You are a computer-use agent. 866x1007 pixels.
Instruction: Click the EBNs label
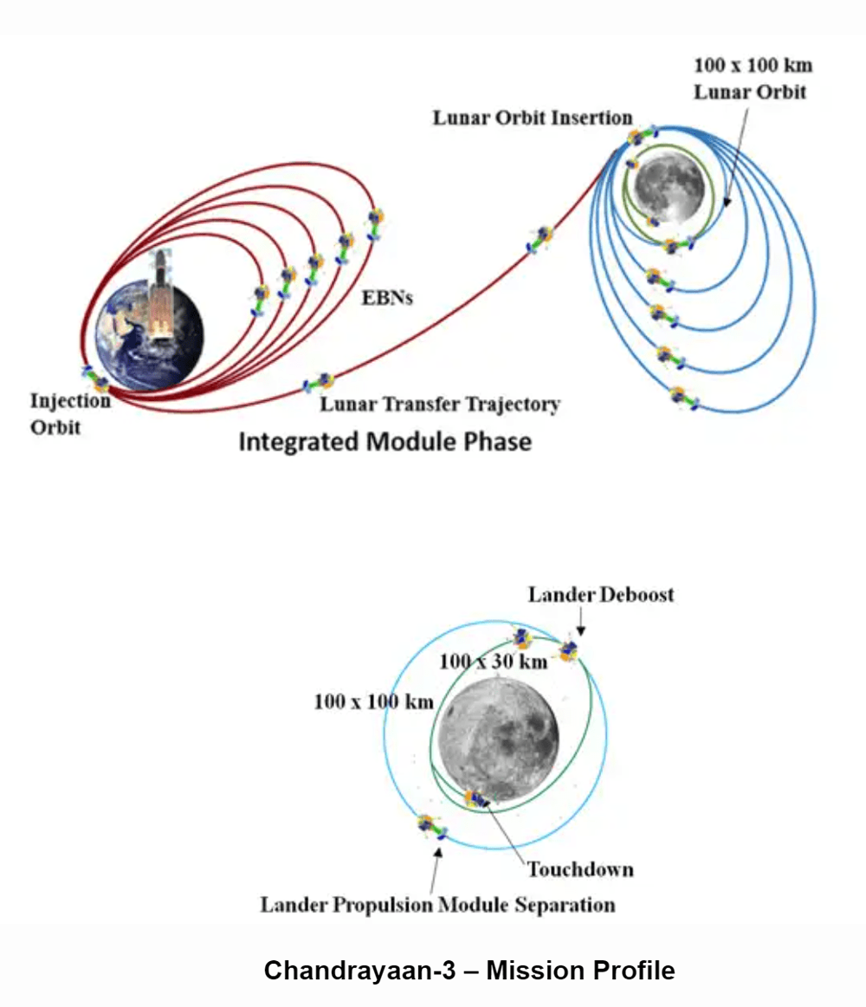(x=387, y=298)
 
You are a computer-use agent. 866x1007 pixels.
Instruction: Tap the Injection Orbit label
(x=70, y=414)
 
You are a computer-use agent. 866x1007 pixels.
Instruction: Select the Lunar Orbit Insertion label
(x=533, y=118)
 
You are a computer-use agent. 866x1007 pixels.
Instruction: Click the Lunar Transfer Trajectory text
(x=440, y=404)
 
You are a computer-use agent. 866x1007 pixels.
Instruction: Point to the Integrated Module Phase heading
(x=385, y=442)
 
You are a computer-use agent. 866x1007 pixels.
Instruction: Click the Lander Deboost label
(x=601, y=595)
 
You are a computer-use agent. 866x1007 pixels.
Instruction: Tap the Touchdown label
(x=580, y=869)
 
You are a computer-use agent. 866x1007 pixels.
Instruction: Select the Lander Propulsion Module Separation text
(x=437, y=905)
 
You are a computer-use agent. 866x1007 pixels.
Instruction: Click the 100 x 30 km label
(x=494, y=662)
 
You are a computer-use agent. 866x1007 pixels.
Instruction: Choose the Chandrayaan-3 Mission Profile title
(x=469, y=970)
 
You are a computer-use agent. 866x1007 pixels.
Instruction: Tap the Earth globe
(x=149, y=337)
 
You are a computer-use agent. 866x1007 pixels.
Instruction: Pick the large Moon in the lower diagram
(x=498, y=739)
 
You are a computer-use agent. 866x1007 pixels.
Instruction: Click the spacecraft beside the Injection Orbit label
(x=96, y=379)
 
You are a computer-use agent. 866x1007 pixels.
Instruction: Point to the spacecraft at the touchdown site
(x=476, y=799)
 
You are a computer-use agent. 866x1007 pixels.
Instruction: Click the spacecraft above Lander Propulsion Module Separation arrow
(x=432, y=827)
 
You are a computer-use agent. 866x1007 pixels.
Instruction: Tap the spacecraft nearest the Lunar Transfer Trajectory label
(x=319, y=384)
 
